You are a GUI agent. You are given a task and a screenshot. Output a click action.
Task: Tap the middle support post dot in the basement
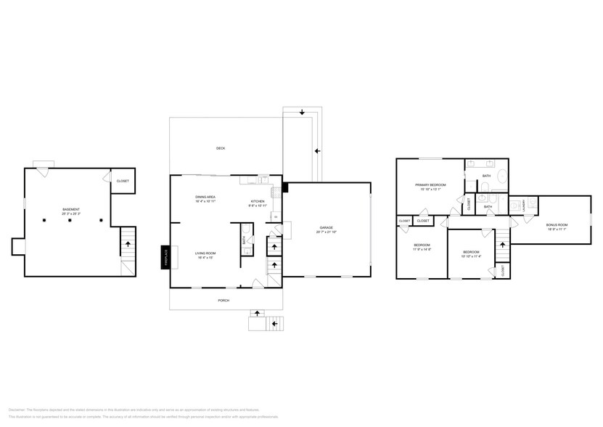[70, 219]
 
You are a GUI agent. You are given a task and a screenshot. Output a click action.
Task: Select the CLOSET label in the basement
[123, 181]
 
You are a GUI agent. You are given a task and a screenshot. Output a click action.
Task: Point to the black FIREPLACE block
[165, 258]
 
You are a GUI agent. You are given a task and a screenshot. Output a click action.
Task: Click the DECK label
[221, 148]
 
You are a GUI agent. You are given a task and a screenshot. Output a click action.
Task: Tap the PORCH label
[223, 300]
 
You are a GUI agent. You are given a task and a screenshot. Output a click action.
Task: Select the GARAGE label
[326, 227]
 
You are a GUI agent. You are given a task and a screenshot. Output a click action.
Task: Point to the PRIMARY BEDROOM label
[430, 185]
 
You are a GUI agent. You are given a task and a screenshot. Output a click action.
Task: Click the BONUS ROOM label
[557, 224]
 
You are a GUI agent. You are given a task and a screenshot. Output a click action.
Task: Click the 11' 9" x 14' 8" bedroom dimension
[422, 249]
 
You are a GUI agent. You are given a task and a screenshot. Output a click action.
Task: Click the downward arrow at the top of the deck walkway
[301, 113]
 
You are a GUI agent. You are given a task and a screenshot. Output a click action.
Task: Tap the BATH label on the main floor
[243, 239]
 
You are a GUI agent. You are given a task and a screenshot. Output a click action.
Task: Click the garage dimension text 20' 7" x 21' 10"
[326, 232]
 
